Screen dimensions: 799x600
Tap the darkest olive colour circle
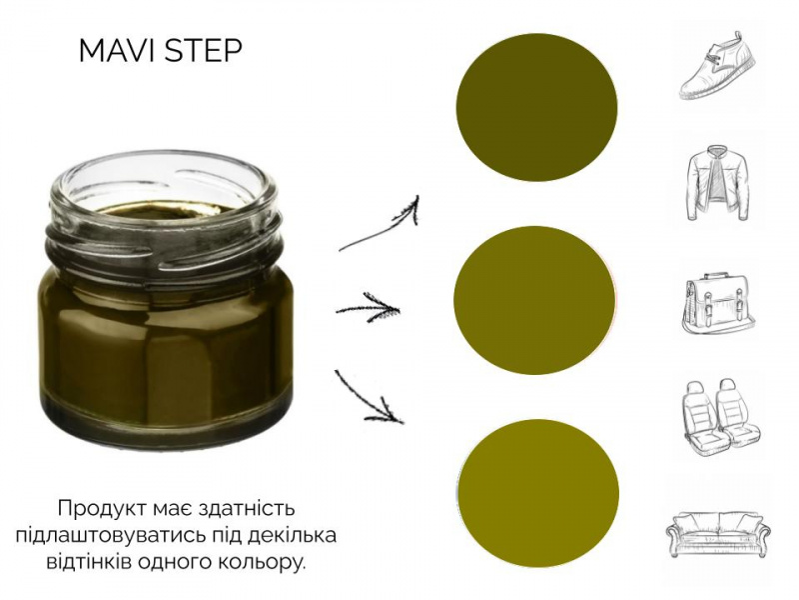coord(536,107)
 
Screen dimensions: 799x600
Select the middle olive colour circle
coord(534,300)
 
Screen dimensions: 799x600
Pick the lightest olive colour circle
coord(538,494)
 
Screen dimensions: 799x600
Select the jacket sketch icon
coord(718,183)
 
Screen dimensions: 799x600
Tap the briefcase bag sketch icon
coord(718,303)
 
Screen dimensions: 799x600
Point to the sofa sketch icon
coord(718,531)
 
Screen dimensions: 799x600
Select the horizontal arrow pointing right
coord(368,308)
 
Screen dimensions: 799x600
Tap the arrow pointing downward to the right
coord(369,396)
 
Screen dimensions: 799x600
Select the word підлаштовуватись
coord(118,536)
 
